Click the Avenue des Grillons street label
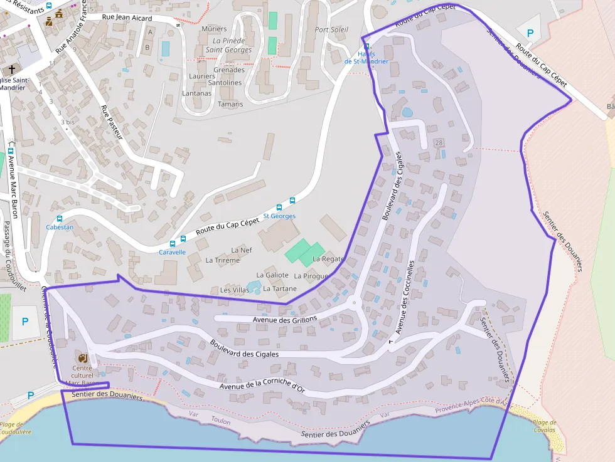(285, 320)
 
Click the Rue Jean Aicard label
(127, 18)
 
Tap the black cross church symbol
(11, 69)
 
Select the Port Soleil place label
(331, 30)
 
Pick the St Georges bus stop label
(279, 216)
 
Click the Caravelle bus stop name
(172, 252)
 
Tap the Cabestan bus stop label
(60, 227)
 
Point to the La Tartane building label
(279, 288)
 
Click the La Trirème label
(223, 260)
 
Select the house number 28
(438, 143)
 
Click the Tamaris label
(230, 104)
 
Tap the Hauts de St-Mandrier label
(366, 58)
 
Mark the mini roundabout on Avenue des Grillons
(355, 303)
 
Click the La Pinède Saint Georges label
(228, 45)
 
